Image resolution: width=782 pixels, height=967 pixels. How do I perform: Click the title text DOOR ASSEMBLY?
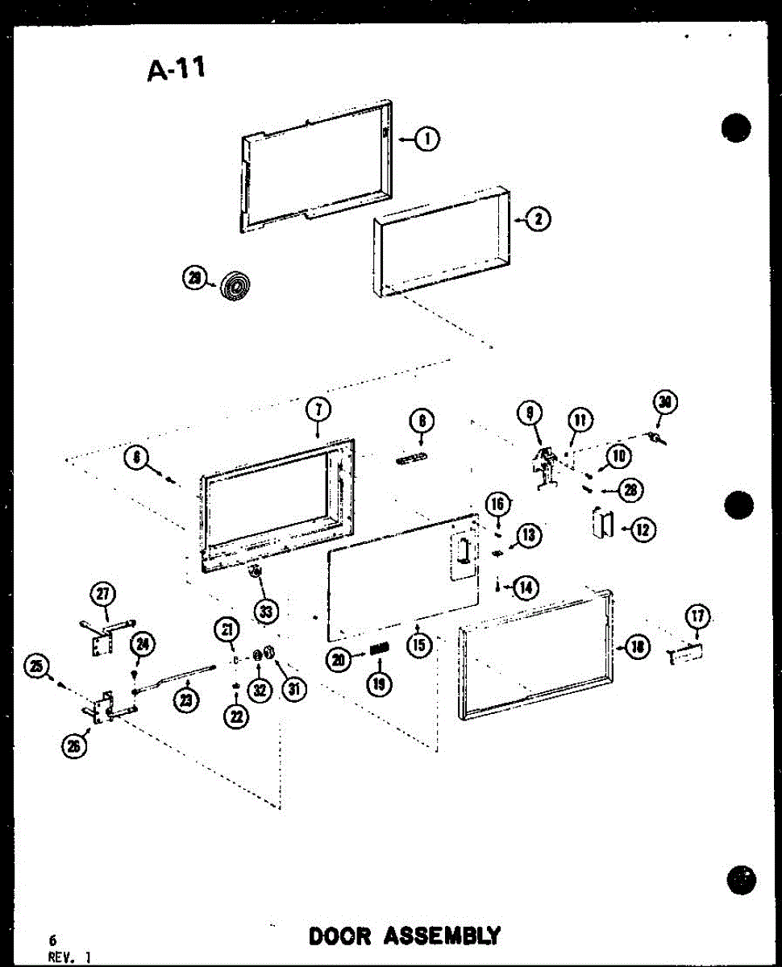404,936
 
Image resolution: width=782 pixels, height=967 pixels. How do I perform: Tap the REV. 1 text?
69,957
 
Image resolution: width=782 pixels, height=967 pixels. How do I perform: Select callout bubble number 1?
427,139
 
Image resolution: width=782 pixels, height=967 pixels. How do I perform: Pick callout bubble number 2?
538,218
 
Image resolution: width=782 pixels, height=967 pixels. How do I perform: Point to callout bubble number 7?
318,409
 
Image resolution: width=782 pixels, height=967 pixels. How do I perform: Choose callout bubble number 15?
419,645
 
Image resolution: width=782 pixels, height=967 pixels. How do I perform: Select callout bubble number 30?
666,402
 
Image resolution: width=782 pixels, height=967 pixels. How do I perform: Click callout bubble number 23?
188,700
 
